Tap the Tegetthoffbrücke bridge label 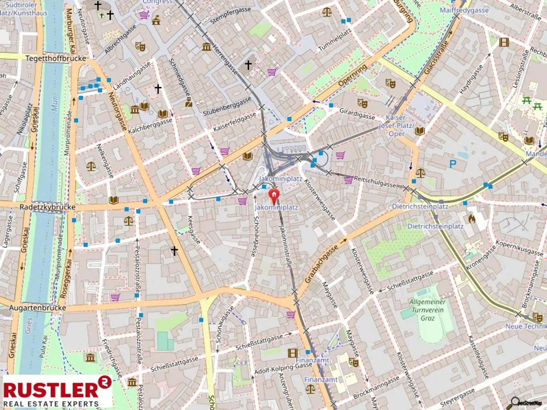pos(56,58)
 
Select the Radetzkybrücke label pos(47,207)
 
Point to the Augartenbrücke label pos(37,308)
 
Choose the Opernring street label pos(352,75)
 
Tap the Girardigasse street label pos(357,114)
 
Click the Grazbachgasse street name pos(321,264)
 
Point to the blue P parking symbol pos(453,164)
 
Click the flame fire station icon pos(472,218)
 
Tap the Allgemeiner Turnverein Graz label pos(427,310)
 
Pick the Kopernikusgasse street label pos(519,248)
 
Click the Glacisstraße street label pos(436,57)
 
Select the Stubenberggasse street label pos(227,106)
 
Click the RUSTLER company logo pos(57,391)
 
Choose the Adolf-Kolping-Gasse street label pos(283,369)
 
